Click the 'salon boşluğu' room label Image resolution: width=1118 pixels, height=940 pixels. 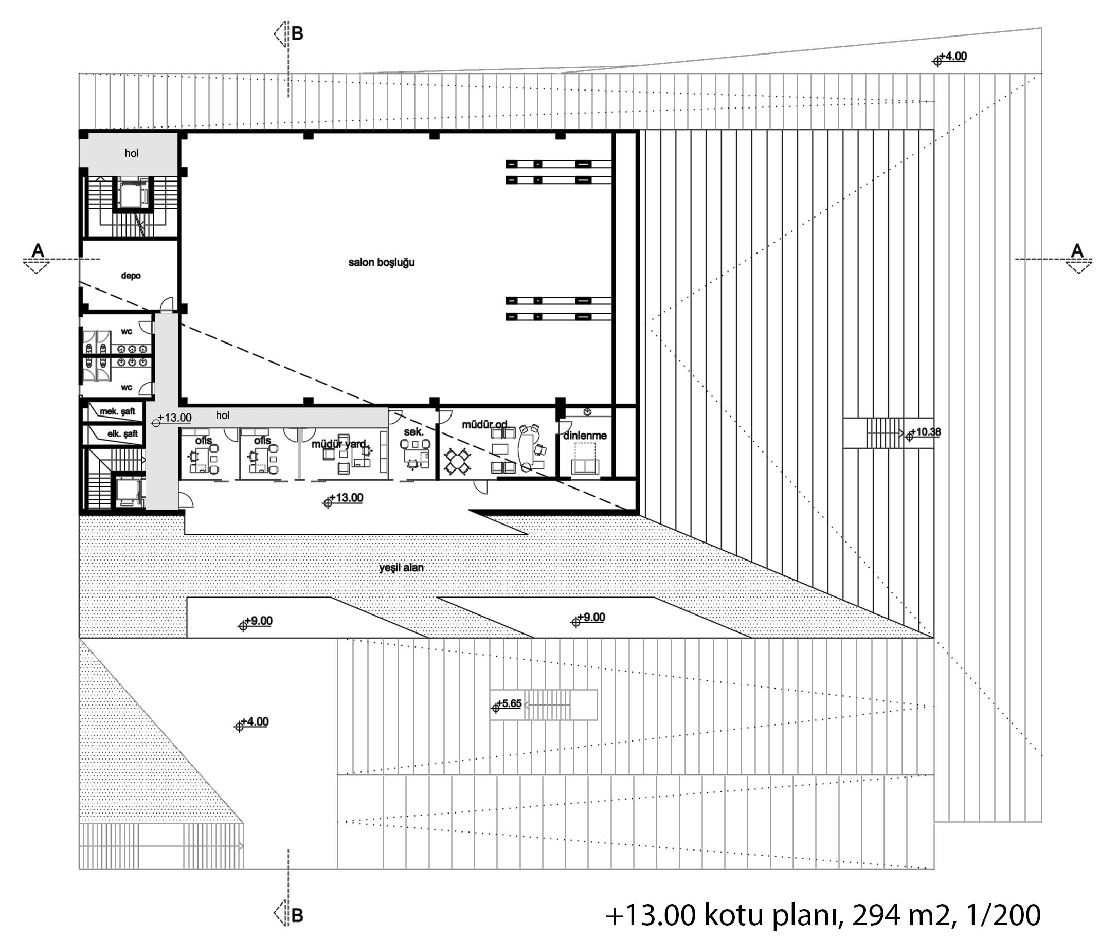pyautogui.click(x=381, y=263)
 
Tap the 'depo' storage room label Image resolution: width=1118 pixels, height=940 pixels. pyautogui.click(x=131, y=276)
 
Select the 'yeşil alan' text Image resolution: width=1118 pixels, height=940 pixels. pyautogui.click(x=401, y=568)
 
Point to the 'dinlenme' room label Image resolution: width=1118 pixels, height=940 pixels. pyautogui.click(x=585, y=436)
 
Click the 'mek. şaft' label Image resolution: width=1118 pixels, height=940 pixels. pyautogui.click(x=117, y=411)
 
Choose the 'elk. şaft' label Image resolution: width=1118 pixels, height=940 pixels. pyautogui.click(x=122, y=434)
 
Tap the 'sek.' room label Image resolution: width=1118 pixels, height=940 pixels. pyautogui.click(x=413, y=431)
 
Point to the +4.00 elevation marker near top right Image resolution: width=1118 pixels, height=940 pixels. pyautogui.click(x=950, y=58)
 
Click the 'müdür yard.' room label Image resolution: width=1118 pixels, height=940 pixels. pyautogui.click(x=339, y=444)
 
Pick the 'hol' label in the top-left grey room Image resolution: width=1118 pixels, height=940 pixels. pyautogui.click(x=132, y=153)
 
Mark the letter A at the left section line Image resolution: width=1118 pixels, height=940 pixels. pyautogui.click(x=38, y=250)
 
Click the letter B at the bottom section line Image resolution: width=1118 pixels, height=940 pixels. pyautogui.click(x=297, y=915)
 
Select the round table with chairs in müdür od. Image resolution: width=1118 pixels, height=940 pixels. pyautogui.click(x=457, y=461)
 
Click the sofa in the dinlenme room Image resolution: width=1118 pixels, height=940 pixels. pyautogui.click(x=585, y=466)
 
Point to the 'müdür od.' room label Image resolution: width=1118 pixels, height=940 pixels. pyautogui.click(x=484, y=424)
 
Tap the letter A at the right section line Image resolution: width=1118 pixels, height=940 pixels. pyautogui.click(x=1077, y=250)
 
